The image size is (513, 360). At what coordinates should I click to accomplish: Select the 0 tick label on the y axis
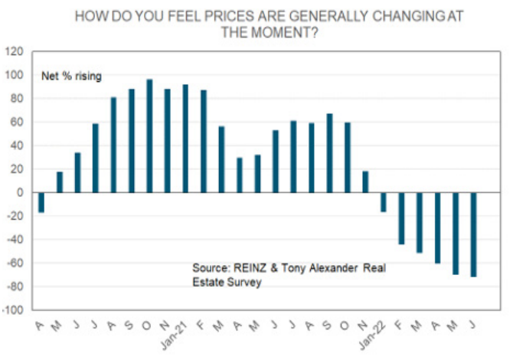click(x=21, y=193)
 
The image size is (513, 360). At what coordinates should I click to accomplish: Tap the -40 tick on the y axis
click(x=15, y=241)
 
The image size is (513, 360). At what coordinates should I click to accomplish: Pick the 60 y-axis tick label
click(x=18, y=123)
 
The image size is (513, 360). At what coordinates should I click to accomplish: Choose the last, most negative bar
click(x=475, y=234)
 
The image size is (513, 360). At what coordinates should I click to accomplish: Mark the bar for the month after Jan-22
click(x=402, y=218)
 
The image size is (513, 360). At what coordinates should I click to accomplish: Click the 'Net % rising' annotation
click(x=71, y=76)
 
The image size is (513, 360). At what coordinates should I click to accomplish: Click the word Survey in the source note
click(x=244, y=282)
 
